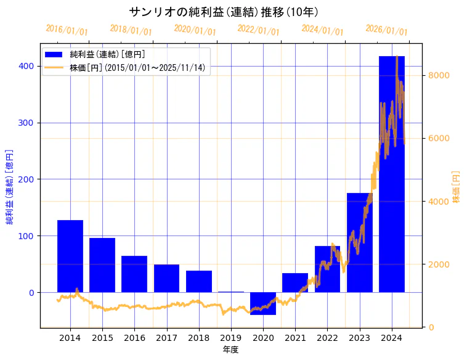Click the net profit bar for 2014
(x=70, y=256)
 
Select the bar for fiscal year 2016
(x=134, y=274)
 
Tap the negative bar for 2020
(x=263, y=303)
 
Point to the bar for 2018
(x=199, y=281)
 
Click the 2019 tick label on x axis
(x=231, y=338)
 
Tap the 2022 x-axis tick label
(x=327, y=338)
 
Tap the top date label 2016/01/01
(x=67, y=30)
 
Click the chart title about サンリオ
(x=224, y=12)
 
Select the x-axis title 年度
(x=230, y=350)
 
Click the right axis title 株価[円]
(x=457, y=187)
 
